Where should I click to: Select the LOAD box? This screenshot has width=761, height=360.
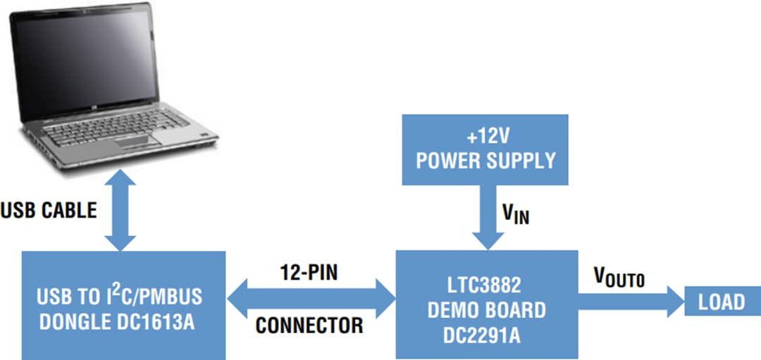(x=721, y=302)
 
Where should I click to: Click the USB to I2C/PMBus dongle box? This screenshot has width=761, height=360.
(x=123, y=305)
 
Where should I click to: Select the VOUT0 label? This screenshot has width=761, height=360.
(x=618, y=277)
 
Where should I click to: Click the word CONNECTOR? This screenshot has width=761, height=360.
(x=309, y=325)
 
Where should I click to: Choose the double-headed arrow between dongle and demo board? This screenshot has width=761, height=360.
(x=310, y=299)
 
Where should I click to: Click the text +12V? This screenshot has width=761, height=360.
(x=486, y=135)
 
